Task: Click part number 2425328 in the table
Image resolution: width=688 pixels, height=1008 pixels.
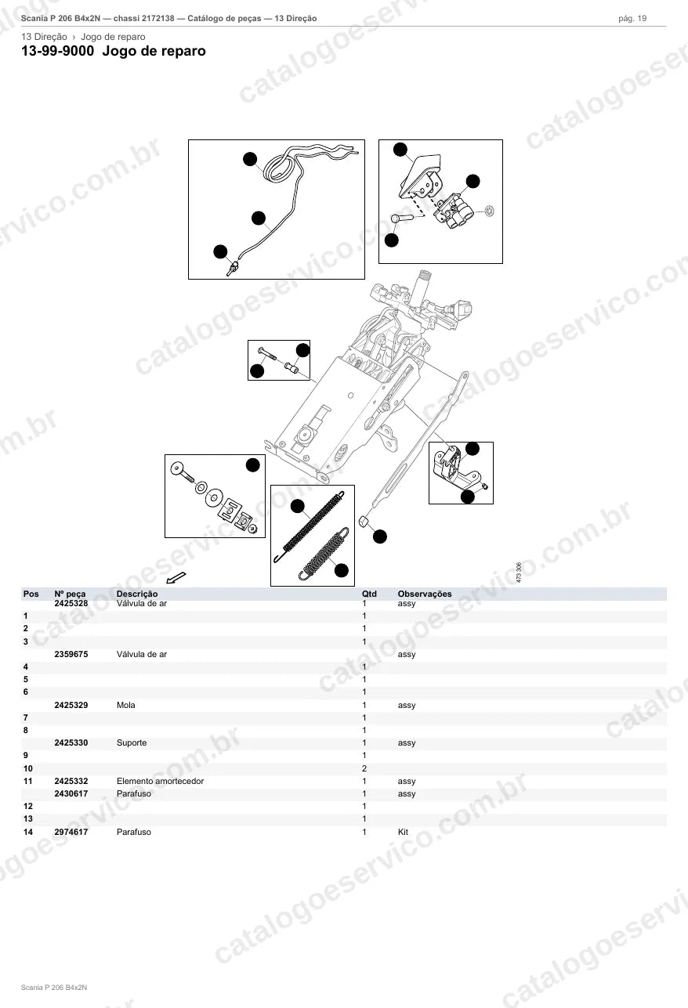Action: tap(71, 603)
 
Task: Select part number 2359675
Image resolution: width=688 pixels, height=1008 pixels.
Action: tap(71, 654)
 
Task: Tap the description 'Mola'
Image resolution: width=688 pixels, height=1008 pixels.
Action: tap(125, 705)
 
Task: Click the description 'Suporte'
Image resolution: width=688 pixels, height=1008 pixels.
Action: tap(132, 743)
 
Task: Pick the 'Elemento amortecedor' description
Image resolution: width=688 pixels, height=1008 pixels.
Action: tap(160, 781)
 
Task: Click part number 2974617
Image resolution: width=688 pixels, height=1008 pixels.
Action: tap(71, 832)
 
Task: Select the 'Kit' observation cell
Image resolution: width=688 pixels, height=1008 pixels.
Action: tap(403, 832)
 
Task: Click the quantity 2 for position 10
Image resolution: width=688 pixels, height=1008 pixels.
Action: tap(364, 768)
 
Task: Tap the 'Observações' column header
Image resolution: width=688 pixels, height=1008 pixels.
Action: tap(425, 594)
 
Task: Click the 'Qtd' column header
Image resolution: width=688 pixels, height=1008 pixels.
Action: tap(369, 594)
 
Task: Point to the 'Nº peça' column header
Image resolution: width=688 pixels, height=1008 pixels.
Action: tap(70, 594)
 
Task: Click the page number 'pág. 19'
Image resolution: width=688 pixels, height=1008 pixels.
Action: tap(632, 19)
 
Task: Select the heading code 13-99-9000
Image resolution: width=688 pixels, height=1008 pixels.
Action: tap(58, 51)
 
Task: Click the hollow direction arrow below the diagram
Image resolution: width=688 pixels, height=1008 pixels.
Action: tap(176, 577)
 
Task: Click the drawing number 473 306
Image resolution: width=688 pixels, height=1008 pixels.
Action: tap(519, 573)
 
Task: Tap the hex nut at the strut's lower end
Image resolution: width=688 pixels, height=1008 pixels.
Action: tap(364, 522)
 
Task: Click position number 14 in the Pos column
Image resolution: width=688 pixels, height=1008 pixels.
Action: tap(28, 832)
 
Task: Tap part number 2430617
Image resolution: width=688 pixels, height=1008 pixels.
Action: tap(71, 794)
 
